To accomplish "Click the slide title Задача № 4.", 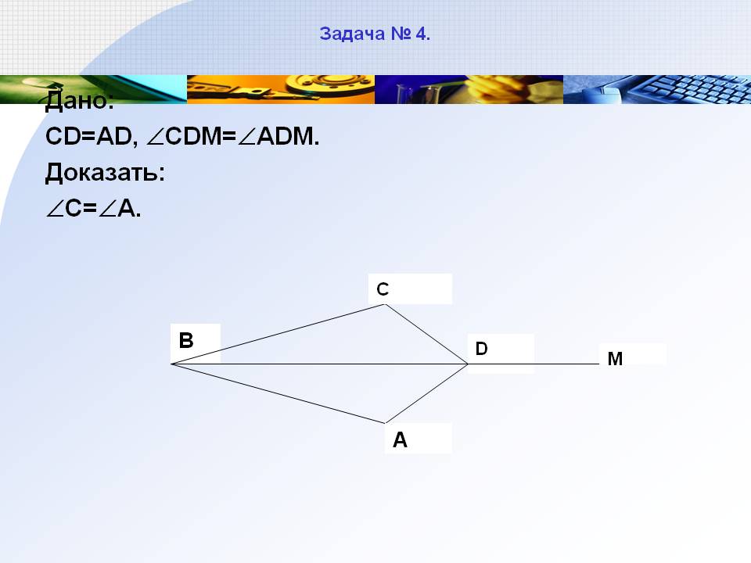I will (x=375, y=34).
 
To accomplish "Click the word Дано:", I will (x=80, y=100).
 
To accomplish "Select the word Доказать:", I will (x=105, y=172).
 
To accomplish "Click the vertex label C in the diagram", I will (x=383, y=289).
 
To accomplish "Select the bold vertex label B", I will (x=186, y=340).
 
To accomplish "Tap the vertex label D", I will (x=482, y=349).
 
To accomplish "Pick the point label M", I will (x=615, y=359).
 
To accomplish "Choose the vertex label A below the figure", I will (x=400, y=440).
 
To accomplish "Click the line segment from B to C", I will (x=278, y=334).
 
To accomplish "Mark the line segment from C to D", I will (x=427, y=334).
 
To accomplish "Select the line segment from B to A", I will (x=278, y=393).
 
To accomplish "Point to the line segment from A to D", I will (x=427, y=393).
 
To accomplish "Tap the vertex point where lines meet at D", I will (x=468, y=364).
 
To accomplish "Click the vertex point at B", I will (x=171, y=364).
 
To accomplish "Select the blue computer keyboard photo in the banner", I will (x=657, y=89).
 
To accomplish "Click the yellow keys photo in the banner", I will (x=281, y=89).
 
